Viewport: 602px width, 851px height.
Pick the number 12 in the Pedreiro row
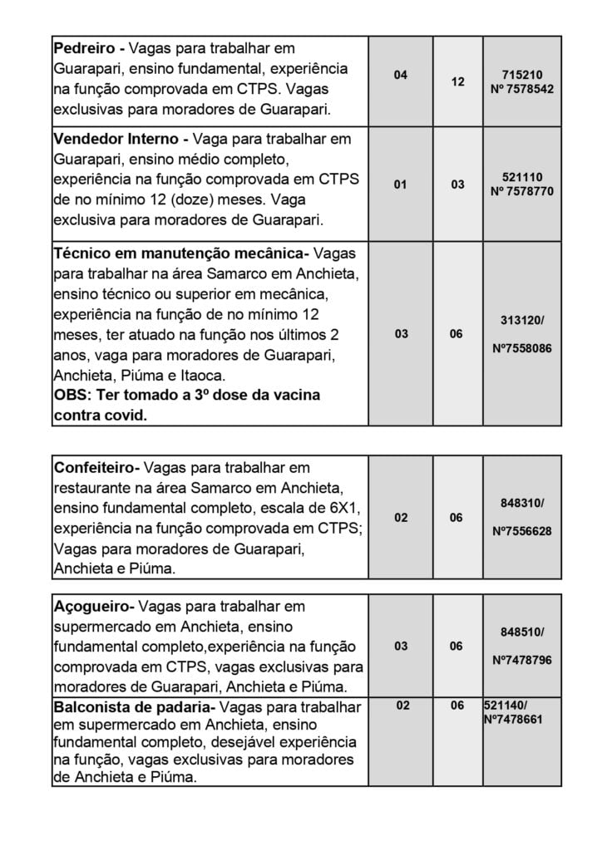tap(457, 82)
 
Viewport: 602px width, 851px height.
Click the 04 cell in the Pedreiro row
tap(401, 75)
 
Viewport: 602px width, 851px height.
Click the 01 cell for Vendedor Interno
tap(401, 184)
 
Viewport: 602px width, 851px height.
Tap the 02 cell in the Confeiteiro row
tap(401, 517)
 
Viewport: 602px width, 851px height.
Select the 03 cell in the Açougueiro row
tap(401, 646)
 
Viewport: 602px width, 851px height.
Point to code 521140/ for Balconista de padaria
tap(506, 706)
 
